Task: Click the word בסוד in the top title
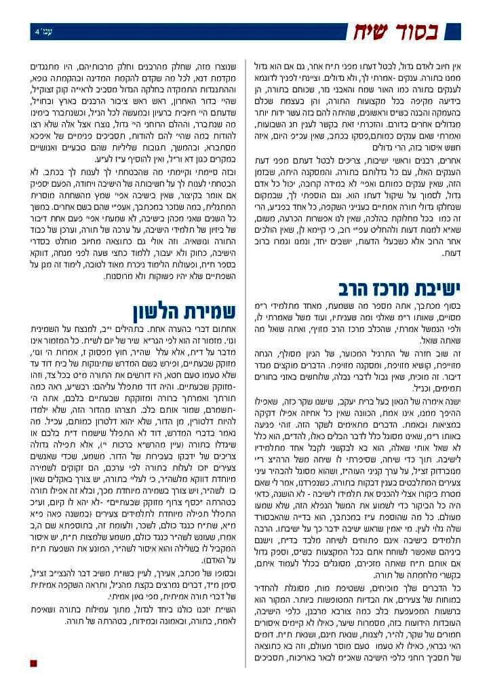coord(440,32)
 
